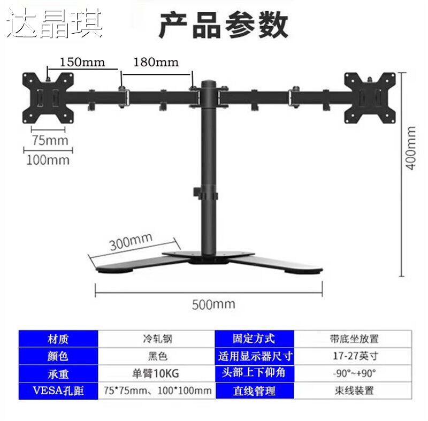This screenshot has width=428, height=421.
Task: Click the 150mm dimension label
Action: tap(82, 61)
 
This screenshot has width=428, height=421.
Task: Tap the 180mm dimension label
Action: tap(155, 61)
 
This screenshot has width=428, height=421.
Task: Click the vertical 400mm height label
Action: tap(411, 147)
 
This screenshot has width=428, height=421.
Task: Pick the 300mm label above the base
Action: tap(131, 242)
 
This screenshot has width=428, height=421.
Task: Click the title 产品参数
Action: tap(224, 25)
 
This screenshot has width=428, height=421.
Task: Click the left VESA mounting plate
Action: tap(44, 97)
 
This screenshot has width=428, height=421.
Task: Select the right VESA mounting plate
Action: tap(370, 97)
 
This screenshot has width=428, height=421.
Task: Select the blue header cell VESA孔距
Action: tap(59, 391)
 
